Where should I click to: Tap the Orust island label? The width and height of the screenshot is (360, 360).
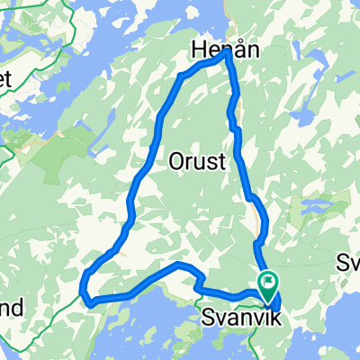coord(195,163)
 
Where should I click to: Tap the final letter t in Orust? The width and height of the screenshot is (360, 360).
coord(218,163)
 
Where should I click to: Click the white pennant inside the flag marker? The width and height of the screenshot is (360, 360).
coord(270,281)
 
